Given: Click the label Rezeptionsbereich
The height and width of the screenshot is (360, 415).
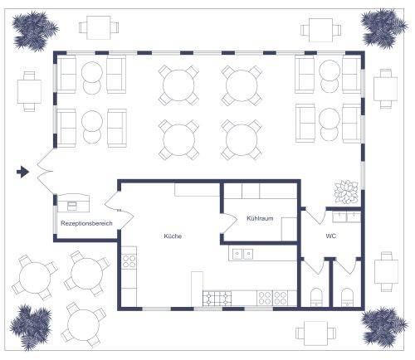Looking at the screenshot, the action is coord(86,223).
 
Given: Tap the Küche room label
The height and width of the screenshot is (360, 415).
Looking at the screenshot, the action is coord(173,236).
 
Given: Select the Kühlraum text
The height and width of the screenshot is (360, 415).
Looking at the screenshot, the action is coord(260,218).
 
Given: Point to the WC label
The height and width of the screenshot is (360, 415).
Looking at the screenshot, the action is coord(331,236).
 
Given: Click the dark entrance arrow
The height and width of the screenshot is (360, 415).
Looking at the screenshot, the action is coord(22,172).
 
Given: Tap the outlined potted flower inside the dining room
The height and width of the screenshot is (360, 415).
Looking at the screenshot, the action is coord(346,192).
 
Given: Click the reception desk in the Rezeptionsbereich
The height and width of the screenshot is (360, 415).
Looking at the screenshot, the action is coord(73,203).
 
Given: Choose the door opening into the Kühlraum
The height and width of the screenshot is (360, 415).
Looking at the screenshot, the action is coord(229,223).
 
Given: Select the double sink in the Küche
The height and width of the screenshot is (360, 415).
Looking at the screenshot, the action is coord(242,254).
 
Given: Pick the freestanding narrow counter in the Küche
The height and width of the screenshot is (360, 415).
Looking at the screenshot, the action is coord(197,289).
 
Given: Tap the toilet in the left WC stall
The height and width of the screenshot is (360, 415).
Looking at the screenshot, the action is coord(316,297).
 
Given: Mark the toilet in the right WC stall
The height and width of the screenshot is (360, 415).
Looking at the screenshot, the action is coord(347,297).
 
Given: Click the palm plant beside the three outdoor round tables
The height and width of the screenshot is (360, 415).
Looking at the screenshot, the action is coord(31,327).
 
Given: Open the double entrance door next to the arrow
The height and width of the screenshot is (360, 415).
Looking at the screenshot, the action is coord(45,171).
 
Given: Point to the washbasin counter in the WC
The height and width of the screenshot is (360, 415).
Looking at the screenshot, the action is coord(346,216).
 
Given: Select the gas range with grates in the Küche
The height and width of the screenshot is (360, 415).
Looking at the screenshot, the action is coord(217,299).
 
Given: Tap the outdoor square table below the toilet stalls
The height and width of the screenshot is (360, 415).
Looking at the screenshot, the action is coord(315,333).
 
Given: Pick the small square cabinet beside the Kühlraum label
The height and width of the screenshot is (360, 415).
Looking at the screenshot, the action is coord(289,229).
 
